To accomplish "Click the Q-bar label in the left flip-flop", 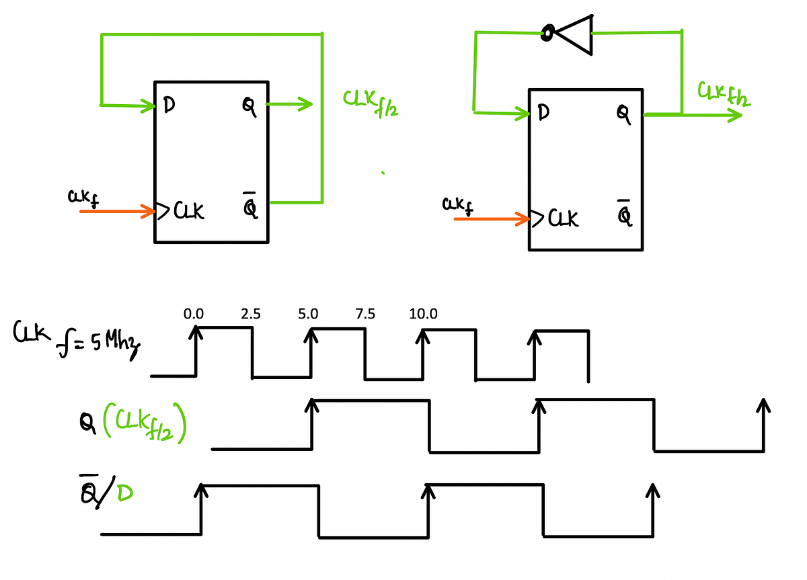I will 249,208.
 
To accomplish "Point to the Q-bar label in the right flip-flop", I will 625,214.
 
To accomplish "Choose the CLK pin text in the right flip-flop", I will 562,219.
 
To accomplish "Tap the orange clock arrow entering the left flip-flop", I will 118,212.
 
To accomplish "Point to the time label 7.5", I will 366,314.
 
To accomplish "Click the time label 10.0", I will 422,314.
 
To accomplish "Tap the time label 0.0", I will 194,314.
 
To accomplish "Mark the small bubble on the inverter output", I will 548,32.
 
